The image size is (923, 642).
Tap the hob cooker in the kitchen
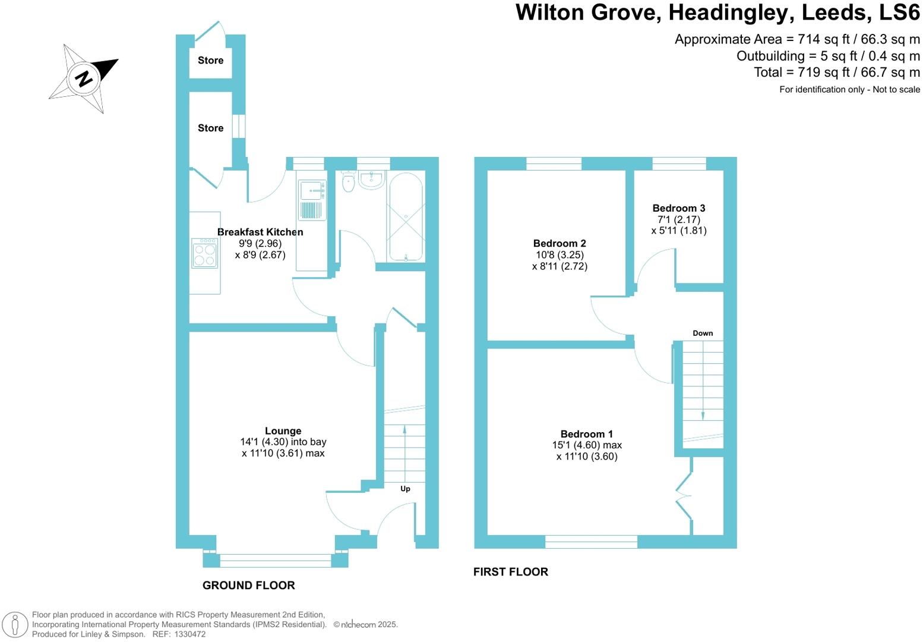pos(204,253)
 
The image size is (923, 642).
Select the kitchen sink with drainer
pos(312,200)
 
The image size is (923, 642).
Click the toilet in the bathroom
pos(349,182)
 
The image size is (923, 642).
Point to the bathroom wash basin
pos(372,180)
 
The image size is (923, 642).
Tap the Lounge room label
pos(283,431)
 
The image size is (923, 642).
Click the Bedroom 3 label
pos(678,208)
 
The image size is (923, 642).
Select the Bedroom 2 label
pos(559,243)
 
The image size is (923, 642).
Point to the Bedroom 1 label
pos(586,434)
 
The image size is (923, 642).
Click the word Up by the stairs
pos(405,489)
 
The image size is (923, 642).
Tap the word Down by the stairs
pos(702,333)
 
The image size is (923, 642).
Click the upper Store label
pos(210,61)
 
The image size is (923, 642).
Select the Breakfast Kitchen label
pos(260,232)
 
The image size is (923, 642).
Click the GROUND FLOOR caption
pos(248,586)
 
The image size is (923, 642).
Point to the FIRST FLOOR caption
pos(510,572)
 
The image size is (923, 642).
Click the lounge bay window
pos(275,559)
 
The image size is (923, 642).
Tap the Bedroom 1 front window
pos(591,541)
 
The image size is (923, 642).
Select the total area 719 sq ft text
pos(836,73)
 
